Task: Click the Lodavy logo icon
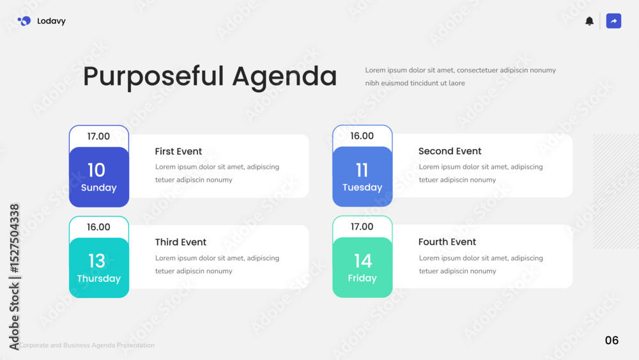pos(24,21)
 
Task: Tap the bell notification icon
pos(589,21)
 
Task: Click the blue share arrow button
pos(613,21)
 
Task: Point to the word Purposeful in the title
pos(153,77)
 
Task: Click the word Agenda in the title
pos(284,77)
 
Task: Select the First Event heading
pos(178,152)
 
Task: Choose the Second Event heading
pos(449,151)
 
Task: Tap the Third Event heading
pos(181,242)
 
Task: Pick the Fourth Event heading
pos(447,242)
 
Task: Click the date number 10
pos(96,170)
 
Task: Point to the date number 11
pos(362,170)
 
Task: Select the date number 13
pos(97,261)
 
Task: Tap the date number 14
pos(363,261)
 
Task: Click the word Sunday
pos(98,187)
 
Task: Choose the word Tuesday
pos(362,187)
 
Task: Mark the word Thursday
pos(98,278)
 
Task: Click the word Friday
pos(362,278)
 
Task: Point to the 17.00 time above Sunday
pos(98,136)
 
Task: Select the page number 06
pos(612,340)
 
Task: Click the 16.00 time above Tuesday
pos(362,136)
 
